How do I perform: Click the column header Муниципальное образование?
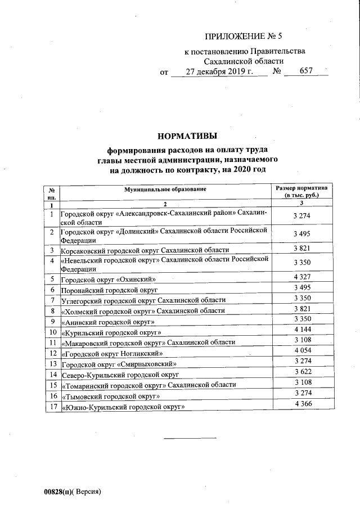pyautogui.click(x=165, y=189)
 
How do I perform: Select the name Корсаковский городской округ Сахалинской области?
pyautogui.click(x=145, y=249)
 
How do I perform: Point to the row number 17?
pyautogui.click(x=52, y=406)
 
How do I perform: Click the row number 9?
pyautogui.click(x=52, y=321)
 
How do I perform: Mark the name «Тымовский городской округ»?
pyautogui.click(x=111, y=396)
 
